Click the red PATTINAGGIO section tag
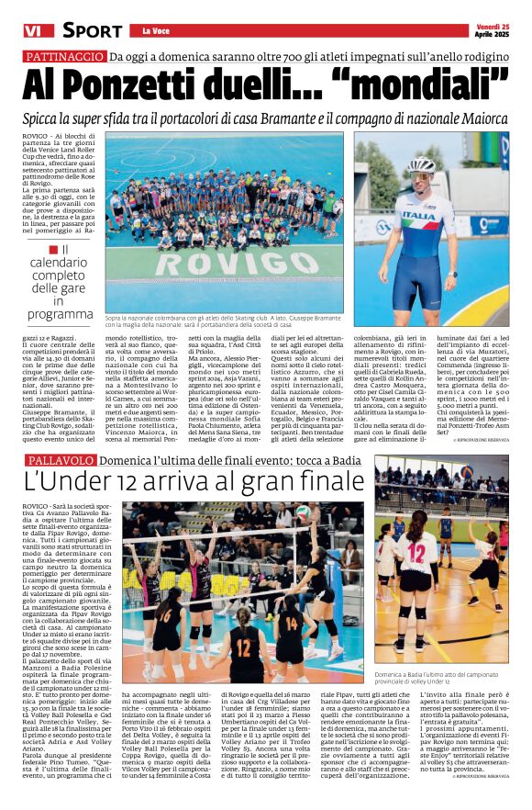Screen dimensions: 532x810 65,57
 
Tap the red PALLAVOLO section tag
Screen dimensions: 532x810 61,459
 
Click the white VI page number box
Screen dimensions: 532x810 33,31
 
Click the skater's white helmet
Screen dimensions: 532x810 421,166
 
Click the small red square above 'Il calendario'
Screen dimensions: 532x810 52,250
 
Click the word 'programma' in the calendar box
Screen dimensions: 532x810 60,314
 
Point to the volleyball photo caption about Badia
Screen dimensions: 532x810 440,678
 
